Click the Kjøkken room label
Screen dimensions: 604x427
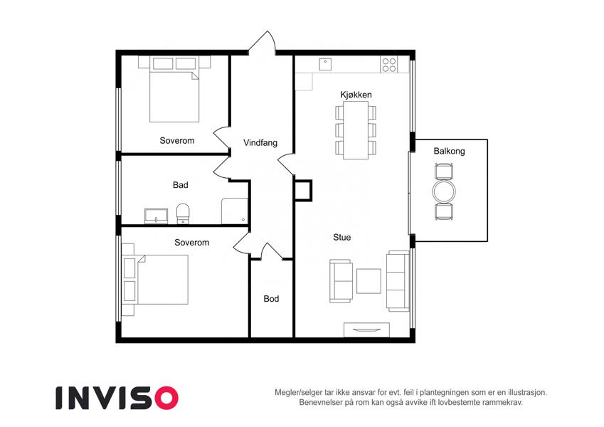356,95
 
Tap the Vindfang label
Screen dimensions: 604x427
260,143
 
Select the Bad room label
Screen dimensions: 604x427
180,185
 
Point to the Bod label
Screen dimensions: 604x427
271,299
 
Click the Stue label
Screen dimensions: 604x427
342,238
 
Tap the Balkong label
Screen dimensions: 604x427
449,151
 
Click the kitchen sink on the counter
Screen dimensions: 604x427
325,64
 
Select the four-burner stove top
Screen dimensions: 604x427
389,64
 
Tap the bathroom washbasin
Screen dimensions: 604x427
156,216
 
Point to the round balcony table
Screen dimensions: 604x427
444,191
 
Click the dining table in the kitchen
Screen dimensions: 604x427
356,130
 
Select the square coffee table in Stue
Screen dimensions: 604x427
369,281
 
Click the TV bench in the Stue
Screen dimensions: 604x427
366,330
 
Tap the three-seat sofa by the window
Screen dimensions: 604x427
398,280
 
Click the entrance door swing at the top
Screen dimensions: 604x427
262,43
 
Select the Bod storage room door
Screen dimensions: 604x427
271,251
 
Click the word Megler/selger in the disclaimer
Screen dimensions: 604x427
296,393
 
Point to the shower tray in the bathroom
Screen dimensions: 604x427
235,211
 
